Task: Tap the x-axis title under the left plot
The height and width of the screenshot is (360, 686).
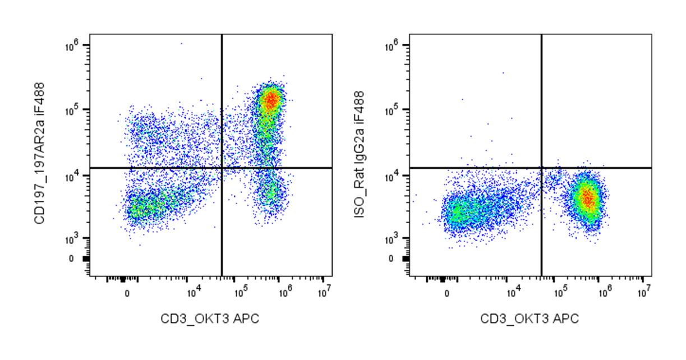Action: [210, 319]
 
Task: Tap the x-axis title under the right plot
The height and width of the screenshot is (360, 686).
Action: [530, 319]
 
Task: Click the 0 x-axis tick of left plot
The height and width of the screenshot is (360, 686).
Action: [127, 293]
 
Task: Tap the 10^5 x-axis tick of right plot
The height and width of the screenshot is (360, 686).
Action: [561, 290]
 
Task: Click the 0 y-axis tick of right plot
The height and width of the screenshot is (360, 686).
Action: [391, 259]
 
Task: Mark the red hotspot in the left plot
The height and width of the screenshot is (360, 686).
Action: [271, 100]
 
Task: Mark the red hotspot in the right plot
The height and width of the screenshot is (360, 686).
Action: [587, 198]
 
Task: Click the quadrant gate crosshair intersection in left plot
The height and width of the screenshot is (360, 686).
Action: [222, 168]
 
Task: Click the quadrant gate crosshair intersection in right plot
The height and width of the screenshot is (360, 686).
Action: [542, 168]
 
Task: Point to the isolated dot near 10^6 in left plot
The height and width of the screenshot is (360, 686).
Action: [181, 43]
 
